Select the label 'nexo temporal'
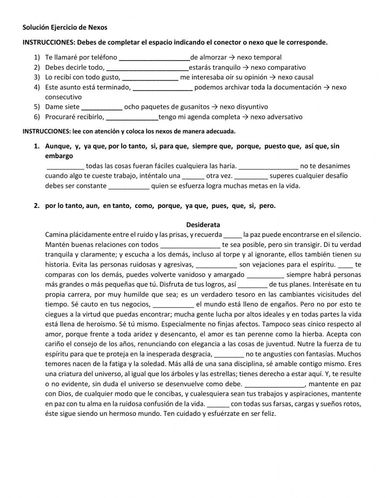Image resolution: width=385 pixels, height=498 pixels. pyautogui.click(x=259, y=57)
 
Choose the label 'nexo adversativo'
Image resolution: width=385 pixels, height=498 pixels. pyautogui.click(x=276, y=117)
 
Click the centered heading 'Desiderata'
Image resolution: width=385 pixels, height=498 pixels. pyautogui.click(x=203, y=225)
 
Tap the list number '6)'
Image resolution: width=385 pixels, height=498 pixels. pyautogui.click(x=37, y=117)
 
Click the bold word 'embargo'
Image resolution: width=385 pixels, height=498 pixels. pyautogui.click(x=59, y=156)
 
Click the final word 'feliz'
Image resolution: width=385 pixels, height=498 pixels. pyautogui.click(x=268, y=414)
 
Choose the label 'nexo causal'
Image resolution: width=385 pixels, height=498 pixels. pyautogui.click(x=295, y=77)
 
